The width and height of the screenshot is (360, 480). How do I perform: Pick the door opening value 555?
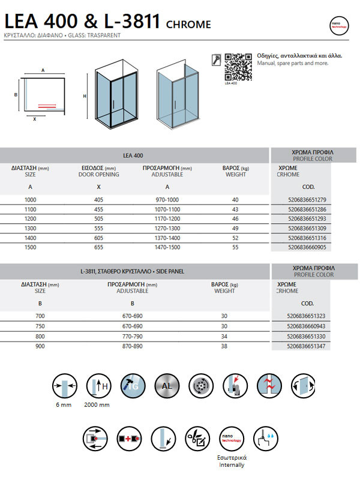pos(99,228)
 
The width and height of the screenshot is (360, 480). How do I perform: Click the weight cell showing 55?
pos(235,247)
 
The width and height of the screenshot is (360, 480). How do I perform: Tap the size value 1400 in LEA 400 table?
pos(30,238)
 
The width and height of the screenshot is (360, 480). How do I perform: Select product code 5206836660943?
pos(308,326)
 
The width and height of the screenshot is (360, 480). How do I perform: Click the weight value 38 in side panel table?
pos(224,346)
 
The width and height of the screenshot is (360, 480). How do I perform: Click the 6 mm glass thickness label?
pos(62,404)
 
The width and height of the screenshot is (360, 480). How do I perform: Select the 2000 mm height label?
pos(97,404)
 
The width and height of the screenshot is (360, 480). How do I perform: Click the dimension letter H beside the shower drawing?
pos(85,97)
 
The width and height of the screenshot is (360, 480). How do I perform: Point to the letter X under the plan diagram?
pos(34,119)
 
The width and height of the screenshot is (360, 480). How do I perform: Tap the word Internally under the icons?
pos(232,465)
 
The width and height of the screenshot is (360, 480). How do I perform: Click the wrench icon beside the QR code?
pos(217,59)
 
